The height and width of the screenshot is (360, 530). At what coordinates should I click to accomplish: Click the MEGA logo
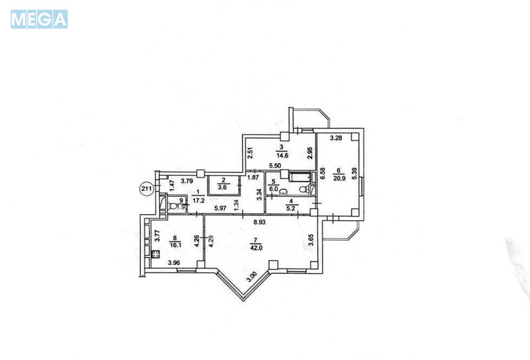click(x=39, y=19)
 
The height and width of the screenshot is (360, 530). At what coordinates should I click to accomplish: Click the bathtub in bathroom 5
click(x=297, y=176)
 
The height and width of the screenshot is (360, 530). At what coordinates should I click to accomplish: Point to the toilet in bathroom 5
click(x=302, y=190)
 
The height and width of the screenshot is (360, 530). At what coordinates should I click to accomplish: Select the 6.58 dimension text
click(x=323, y=177)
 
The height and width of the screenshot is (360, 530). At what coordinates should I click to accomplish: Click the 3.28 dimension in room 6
click(x=335, y=139)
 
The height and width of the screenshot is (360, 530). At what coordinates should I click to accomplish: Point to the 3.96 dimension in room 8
click(x=174, y=263)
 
